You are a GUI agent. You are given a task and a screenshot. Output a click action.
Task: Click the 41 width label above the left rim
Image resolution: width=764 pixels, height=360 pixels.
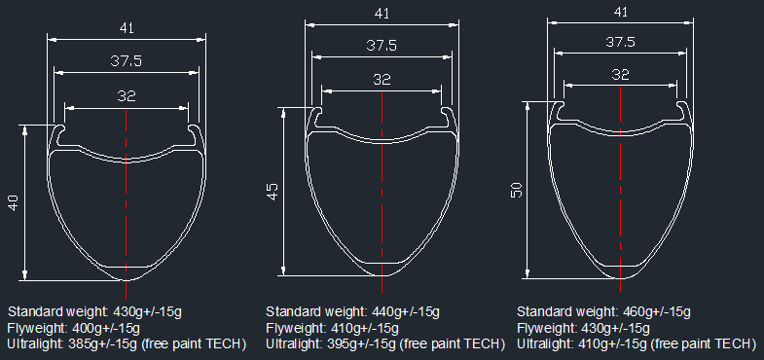pyautogui.click(x=127, y=28)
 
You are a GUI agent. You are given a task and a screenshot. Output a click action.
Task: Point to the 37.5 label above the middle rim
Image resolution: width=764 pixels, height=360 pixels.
pyautogui.click(x=382, y=46)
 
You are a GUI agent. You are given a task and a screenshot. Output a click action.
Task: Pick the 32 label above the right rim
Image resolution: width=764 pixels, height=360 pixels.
pyautogui.click(x=620, y=75)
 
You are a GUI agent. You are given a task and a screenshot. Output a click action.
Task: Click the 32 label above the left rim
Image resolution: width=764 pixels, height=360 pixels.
pyautogui.click(x=127, y=96)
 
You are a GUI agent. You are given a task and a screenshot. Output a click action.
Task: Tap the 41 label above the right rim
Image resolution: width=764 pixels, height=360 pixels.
pyautogui.click(x=620, y=13)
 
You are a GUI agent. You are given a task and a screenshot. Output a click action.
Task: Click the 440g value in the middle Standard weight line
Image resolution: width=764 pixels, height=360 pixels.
pyautogui.click(x=385, y=311)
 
